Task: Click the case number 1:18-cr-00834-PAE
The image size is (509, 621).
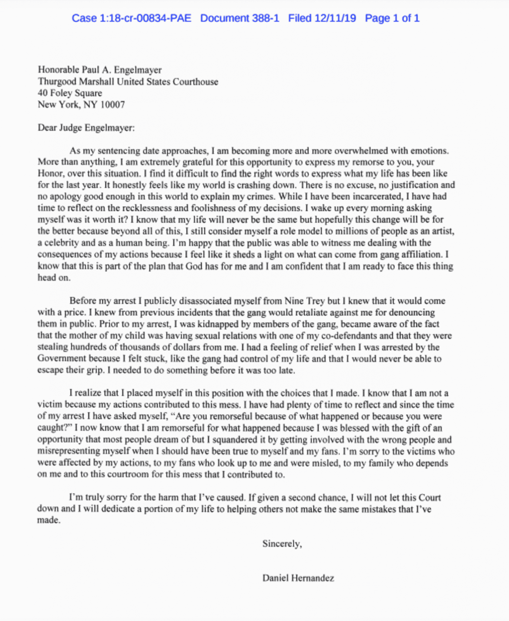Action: [x=132, y=18]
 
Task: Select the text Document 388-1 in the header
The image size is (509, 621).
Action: [x=240, y=18]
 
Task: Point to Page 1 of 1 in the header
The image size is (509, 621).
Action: [x=392, y=18]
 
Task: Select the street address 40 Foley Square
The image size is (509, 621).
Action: [x=70, y=93]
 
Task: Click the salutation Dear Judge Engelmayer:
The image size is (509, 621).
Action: [x=86, y=128]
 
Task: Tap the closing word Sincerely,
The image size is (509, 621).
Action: [x=282, y=544]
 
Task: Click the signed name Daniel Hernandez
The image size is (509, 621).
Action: [x=298, y=578]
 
